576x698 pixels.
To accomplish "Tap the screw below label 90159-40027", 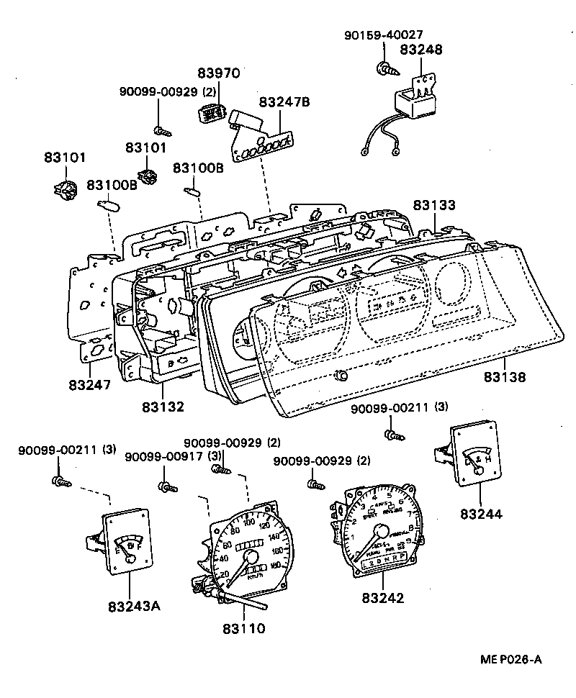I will click(x=384, y=69).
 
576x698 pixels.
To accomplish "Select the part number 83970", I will click(x=219, y=73).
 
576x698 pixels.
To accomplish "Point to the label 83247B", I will click(x=284, y=103).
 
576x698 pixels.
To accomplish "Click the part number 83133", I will click(x=434, y=206).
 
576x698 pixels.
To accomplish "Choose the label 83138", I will click(x=505, y=376).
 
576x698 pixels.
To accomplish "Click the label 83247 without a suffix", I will click(x=90, y=384).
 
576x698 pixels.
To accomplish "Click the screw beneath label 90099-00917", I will click(x=167, y=487).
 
